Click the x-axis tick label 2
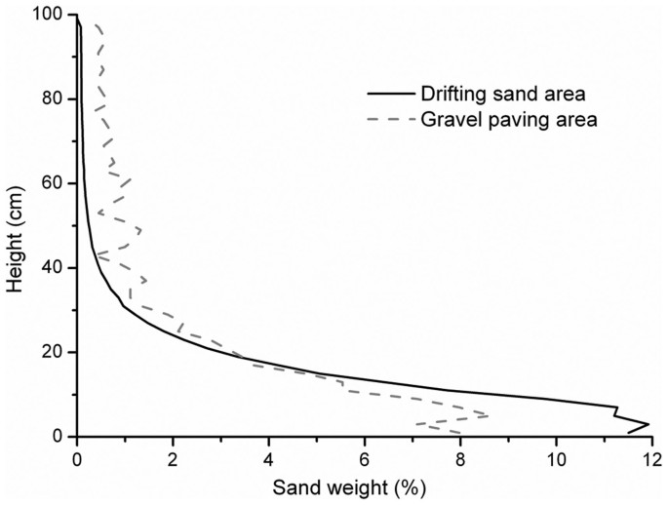tap(173, 456)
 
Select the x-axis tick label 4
tap(268, 456)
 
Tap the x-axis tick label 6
tap(364, 456)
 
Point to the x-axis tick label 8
tap(459, 456)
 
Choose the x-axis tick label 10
tap(556, 456)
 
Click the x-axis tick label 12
tap(650, 456)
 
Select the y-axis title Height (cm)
tap(16, 227)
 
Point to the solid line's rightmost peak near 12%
tap(648, 424)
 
